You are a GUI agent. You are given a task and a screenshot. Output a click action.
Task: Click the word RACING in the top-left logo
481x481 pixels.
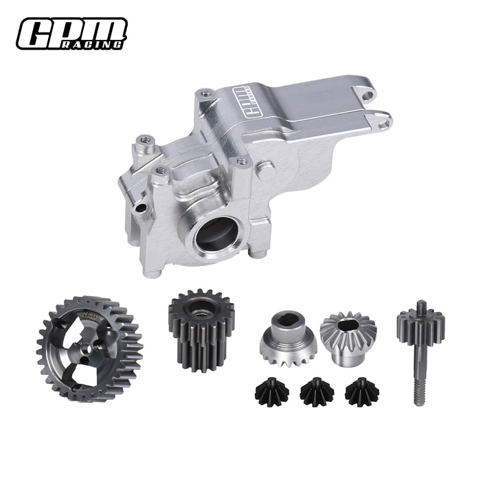(x=102, y=45)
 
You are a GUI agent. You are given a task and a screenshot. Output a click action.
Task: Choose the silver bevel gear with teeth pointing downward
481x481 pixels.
(x=284, y=337)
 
